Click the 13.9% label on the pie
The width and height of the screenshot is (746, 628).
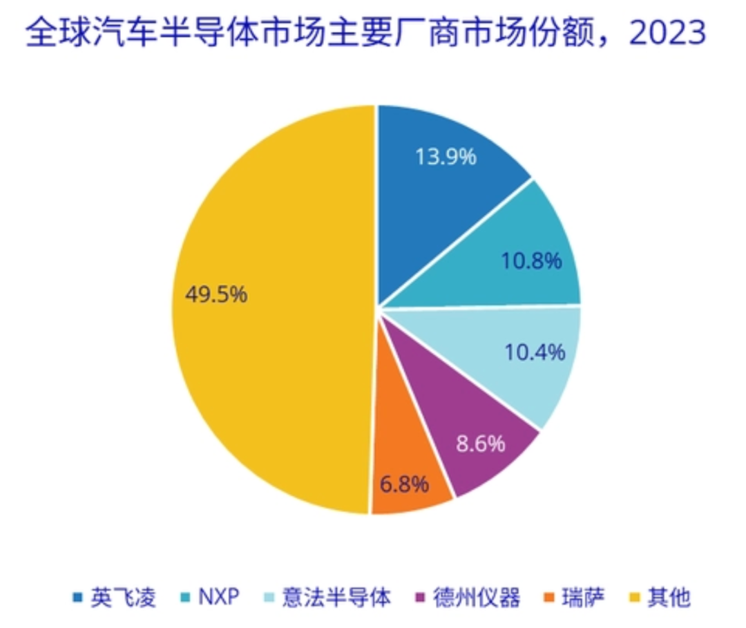click(x=446, y=158)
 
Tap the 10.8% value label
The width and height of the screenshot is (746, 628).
click(x=530, y=262)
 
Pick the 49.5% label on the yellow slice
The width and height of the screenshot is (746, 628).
click(x=216, y=295)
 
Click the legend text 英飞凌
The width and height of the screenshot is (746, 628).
click(x=123, y=597)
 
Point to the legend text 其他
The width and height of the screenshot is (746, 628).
click(x=669, y=597)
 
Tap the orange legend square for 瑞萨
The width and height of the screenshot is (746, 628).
click(x=549, y=598)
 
